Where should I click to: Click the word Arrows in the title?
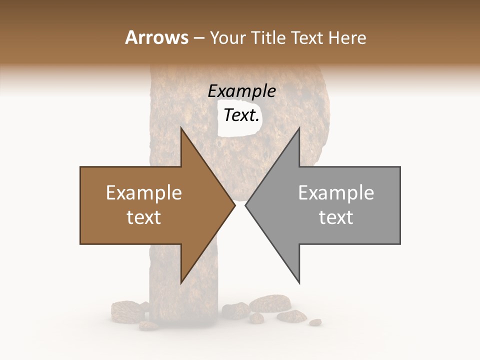[x=156, y=37]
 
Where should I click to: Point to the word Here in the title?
[x=347, y=38]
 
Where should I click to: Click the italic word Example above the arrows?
[x=241, y=91]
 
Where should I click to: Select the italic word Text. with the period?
[x=241, y=115]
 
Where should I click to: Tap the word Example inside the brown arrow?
[x=144, y=193]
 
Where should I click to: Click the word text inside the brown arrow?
[x=144, y=217]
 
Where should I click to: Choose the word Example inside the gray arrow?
[x=336, y=193]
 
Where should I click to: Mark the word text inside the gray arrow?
[x=336, y=217]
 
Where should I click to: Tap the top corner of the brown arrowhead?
[x=181, y=128]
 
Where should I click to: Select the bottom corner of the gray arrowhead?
[x=299, y=283]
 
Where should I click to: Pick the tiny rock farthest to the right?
[x=315, y=322]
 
